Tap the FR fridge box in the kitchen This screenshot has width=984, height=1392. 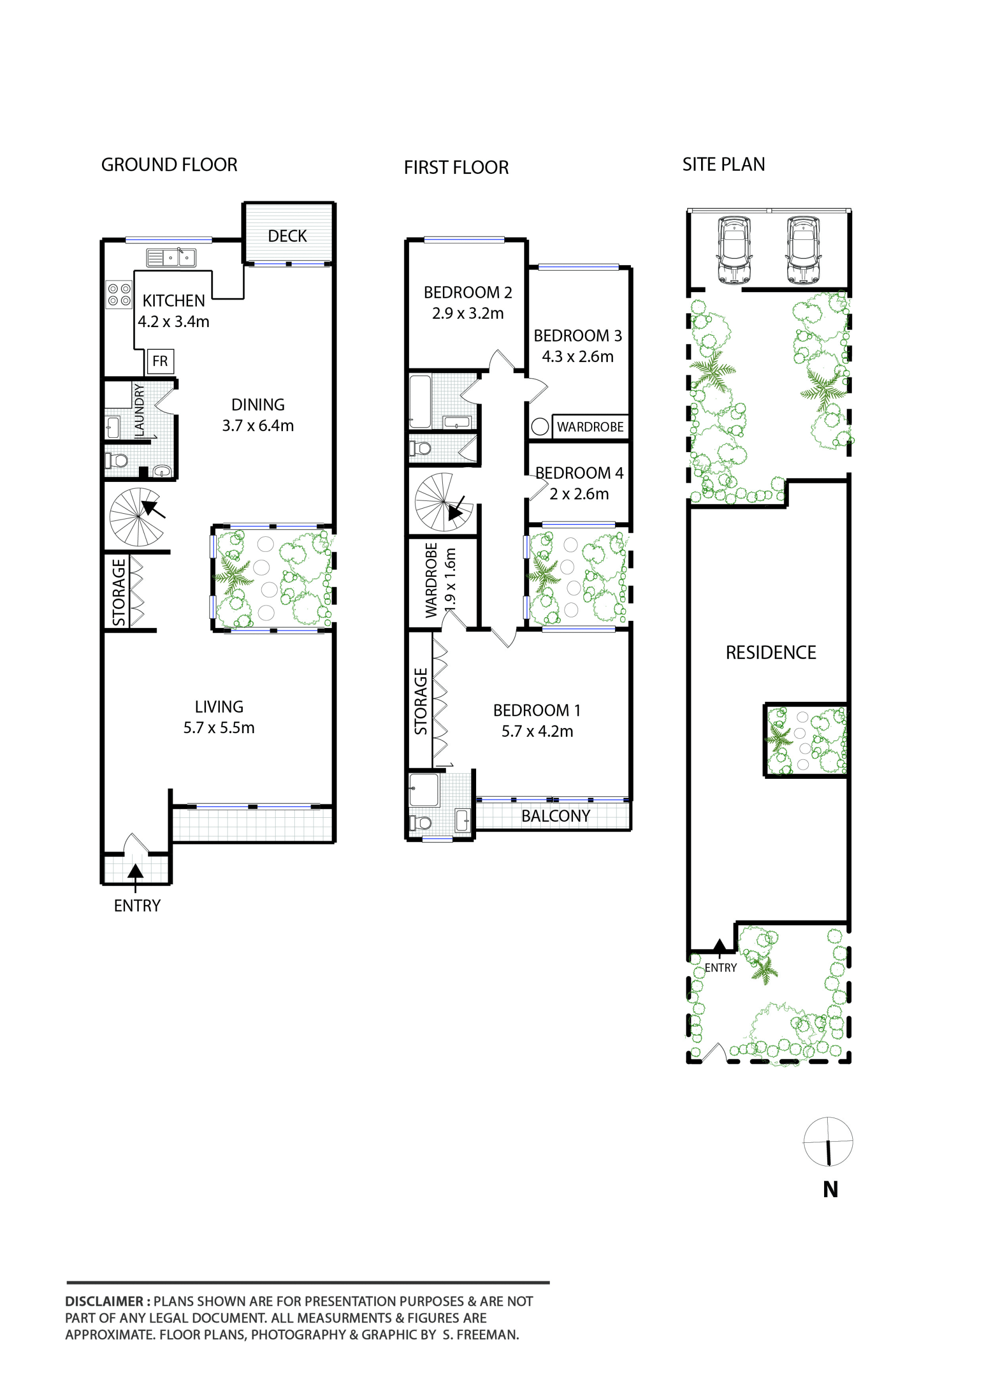coord(160,361)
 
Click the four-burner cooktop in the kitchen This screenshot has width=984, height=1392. coord(119,295)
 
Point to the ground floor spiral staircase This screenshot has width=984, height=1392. coord(137,516)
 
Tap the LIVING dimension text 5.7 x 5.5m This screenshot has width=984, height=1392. coord(219,728)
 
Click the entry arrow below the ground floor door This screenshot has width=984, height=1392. coord(136,877)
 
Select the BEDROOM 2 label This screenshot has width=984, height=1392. coord(468,292)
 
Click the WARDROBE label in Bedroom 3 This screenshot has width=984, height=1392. coord(590,427)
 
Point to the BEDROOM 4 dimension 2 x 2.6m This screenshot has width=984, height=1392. coord(579,494)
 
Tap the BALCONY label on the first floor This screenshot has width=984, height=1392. coord(556,816)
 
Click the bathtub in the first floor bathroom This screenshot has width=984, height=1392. coord(420,402)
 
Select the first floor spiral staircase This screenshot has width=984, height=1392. coord(443,502)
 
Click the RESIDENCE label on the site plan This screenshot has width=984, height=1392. coord(771,652)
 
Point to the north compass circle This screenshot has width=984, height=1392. coord(828,1142)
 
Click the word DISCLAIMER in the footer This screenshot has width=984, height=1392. coord(104,1301)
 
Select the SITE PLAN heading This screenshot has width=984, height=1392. coord(724,164)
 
